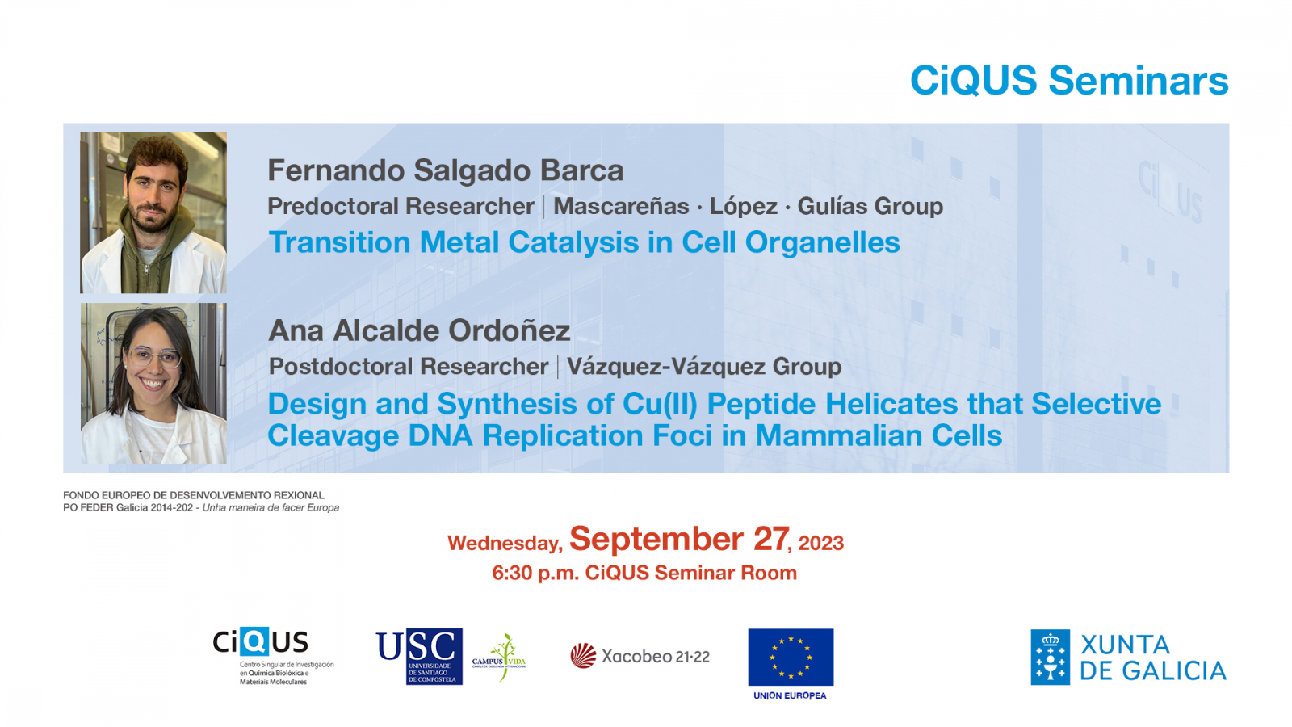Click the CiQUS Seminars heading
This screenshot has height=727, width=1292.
tap(1069, 80)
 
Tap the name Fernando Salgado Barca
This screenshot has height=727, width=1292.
tap(445, 170)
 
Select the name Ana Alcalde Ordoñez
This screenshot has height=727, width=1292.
tap(419, 330)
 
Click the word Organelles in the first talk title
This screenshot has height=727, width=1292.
tap(823, 242)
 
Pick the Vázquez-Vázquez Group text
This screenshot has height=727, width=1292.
tap(704, 367)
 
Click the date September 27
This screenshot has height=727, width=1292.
tap(679, 539)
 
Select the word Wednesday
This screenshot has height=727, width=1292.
tap(505, 543)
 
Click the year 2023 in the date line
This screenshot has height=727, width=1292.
tap(820, 543)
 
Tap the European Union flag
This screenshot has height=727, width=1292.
tap(791, 658)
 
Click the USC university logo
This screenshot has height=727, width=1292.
tap(419, 657)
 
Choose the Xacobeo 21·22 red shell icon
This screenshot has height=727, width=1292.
tap(583, 656)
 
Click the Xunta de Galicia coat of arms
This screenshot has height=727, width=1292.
tap(1051, 658)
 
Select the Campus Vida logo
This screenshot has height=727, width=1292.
tap(500, 657)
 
